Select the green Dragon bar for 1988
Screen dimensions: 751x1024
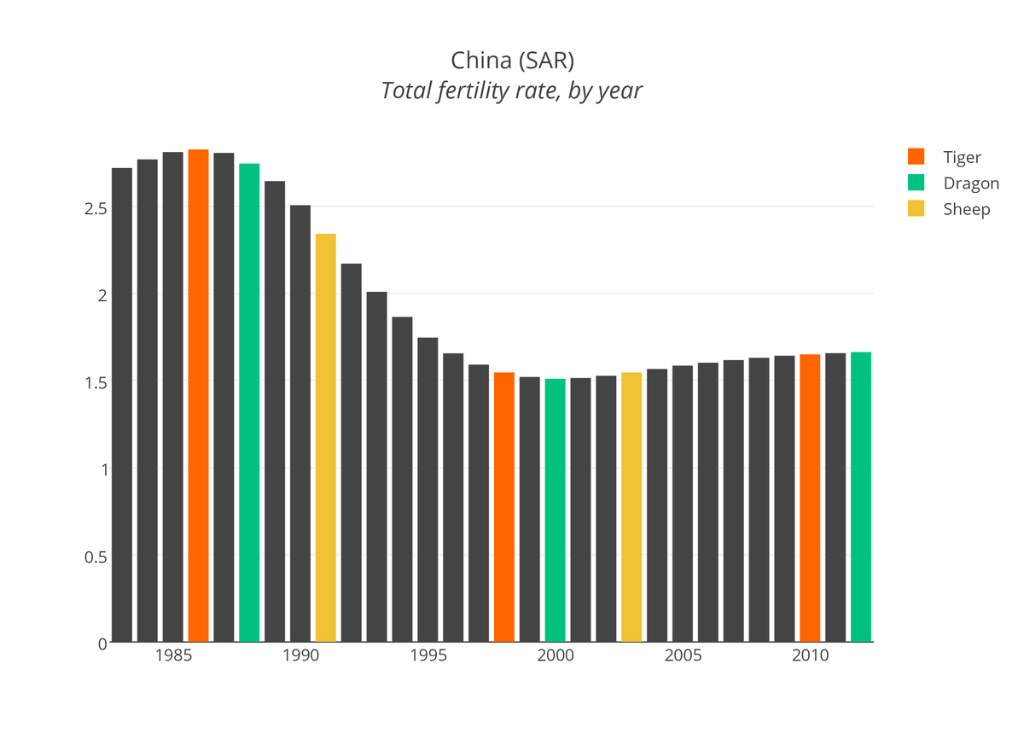[249, 402]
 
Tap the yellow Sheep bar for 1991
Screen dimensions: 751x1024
[325, 437]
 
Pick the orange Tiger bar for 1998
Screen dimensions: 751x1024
[504, 507]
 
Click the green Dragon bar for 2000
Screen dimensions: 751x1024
[555, 510]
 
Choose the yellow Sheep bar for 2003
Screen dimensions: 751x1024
[631, 507]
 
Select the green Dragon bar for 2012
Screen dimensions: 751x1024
[861, 497]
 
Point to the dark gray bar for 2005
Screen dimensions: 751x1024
[683, 504]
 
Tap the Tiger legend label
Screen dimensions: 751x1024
[962, 157]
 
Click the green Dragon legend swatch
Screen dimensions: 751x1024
[916, 183]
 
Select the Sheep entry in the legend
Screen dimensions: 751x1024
[966, 209]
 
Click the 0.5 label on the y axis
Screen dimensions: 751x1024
[95, 556]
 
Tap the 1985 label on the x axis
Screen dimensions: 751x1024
[173, 656]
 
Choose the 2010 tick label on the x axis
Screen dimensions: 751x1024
[810, 656]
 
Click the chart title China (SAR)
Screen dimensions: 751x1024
[512, 61]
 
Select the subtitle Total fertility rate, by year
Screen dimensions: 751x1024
[512, 90]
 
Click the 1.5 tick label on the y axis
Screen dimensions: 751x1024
[95, 382]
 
